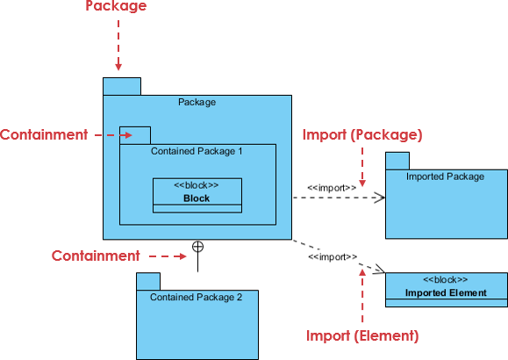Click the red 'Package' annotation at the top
click(116, 6)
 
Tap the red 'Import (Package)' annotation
click(362, 135)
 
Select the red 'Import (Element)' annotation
click(362, 335)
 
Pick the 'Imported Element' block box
click(446, 289)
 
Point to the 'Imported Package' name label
click(445, 176)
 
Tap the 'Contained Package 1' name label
click(197, 151)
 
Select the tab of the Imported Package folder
click(397, 161)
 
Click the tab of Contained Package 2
click(147, 281)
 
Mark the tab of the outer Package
click(122, 86)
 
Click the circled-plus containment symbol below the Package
click(198, 247)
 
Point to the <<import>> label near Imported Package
click(332, 187)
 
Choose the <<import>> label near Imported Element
click(333, 257)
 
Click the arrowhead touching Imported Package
click(381, 198)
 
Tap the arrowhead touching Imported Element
click(380, 270)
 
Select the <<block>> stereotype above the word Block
click(197, 184)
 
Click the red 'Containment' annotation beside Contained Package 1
click(44, 135)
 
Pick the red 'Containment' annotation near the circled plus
click(96, 256)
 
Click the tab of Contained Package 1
click(135, 135)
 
